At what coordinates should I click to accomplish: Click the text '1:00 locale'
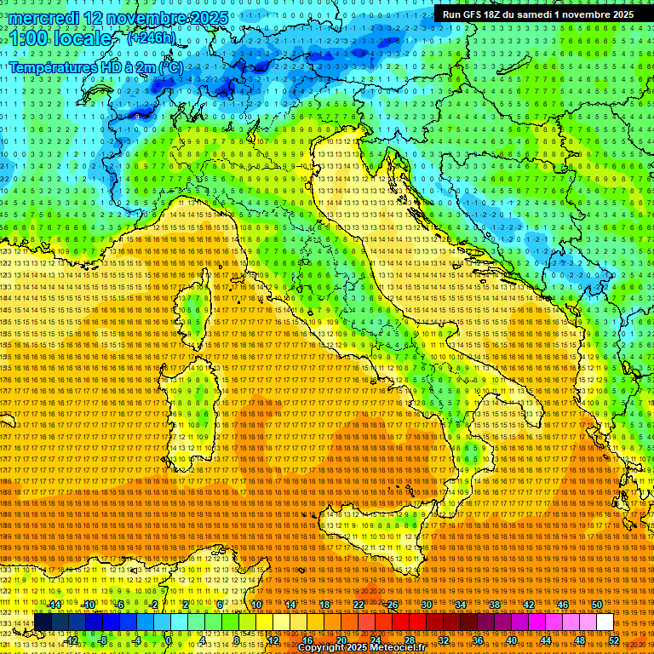click(x=60, y=38)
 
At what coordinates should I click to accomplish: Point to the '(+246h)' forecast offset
click(x=151, y=38)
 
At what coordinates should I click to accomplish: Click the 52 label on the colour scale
click(x=613, y=640)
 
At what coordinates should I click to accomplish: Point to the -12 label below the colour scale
click(x=71, y=640)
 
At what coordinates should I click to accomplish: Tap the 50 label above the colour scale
click(x=597, y=605)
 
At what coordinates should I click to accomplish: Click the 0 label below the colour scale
click(x=169, y=640)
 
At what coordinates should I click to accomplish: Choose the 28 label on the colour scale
click(x=409, y=640)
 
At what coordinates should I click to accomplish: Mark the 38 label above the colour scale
click(x=495, y=605)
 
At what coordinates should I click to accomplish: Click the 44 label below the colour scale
click(x=545, y=640)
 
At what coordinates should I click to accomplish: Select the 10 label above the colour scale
click(x=256, y=605)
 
